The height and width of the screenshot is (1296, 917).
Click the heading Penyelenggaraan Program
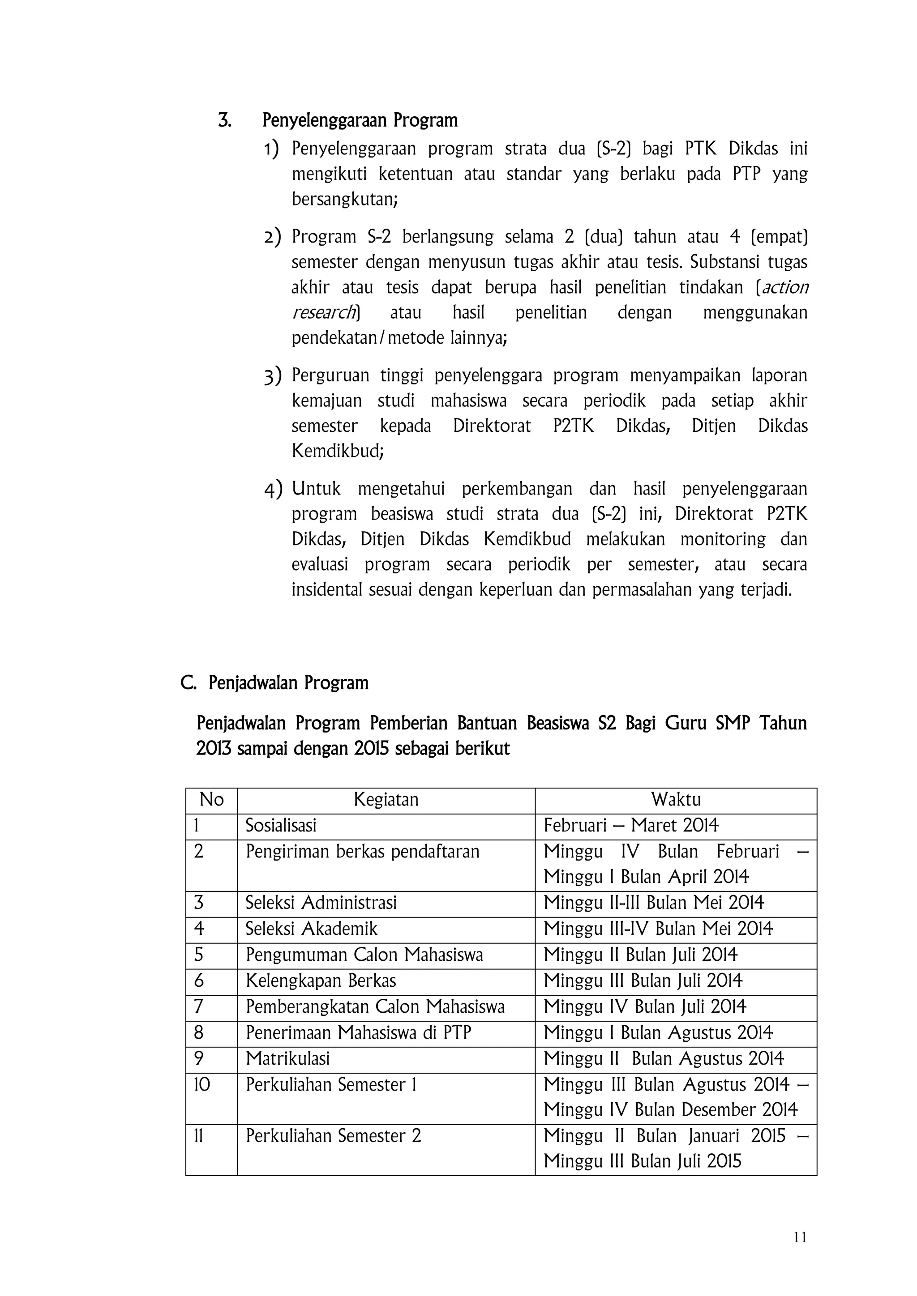[360, 121]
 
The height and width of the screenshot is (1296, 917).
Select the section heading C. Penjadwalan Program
[274, 683]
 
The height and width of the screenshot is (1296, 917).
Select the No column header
[211, 800]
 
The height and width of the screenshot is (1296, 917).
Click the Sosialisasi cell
[281, 826]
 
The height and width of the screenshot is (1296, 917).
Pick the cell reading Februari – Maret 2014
[631, 826]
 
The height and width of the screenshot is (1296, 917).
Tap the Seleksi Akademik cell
[311, 929]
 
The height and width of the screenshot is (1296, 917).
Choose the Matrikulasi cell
[287, 1058]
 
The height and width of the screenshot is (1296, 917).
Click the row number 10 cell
[201, 1084]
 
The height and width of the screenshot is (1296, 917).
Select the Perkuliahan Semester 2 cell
[333, 1136]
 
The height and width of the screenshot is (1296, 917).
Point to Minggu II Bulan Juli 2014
[640, 955]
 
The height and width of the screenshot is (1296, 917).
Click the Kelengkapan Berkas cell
[321, 981]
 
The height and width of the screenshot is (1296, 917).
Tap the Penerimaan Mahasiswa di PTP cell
[358, 1032]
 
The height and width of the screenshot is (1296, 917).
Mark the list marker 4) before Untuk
[273, 489]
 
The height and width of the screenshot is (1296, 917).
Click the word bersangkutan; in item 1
[344, 199]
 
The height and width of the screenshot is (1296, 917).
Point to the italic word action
[785, 287]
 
